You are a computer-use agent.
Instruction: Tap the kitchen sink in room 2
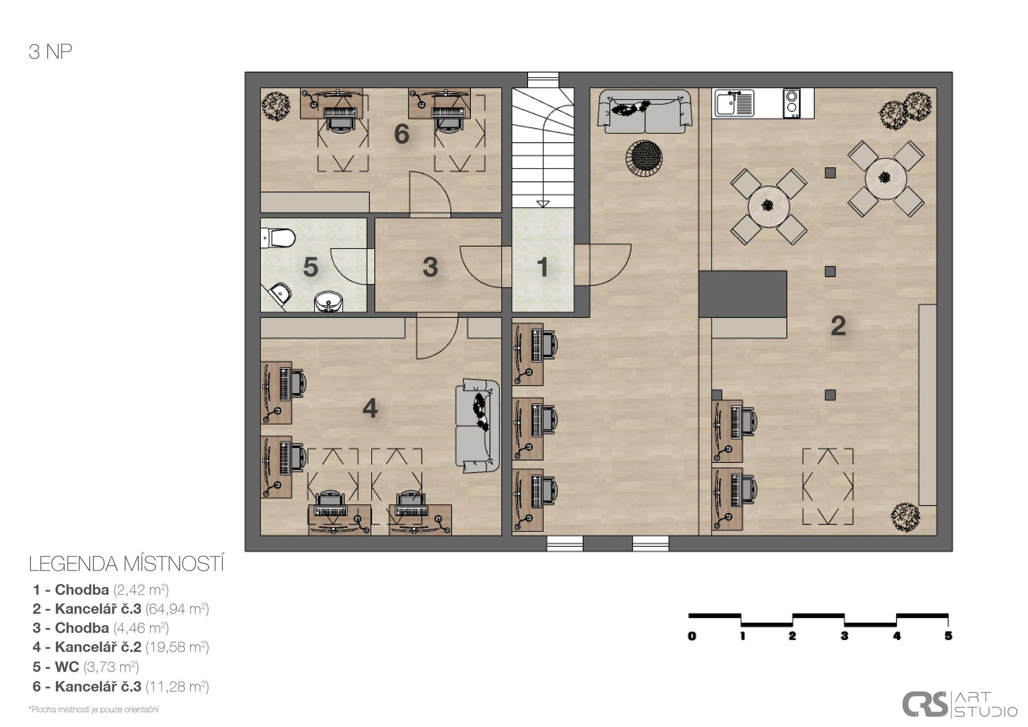734,103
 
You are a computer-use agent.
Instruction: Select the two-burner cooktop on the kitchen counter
792,103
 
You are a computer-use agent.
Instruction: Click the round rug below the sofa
644,157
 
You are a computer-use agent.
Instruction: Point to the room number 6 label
402,134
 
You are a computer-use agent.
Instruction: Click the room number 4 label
370,408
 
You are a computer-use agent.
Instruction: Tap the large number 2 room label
838,326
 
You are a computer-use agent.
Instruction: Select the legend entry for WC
86,667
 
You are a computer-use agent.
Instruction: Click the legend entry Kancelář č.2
121,647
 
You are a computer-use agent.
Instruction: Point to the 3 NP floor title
50,52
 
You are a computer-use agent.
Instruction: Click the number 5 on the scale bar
948,635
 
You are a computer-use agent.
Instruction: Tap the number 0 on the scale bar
692,635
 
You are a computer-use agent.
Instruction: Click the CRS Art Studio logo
959,704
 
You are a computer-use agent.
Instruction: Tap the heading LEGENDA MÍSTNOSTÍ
126,564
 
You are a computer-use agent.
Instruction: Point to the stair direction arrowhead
543,204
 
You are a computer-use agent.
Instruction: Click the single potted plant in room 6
276,105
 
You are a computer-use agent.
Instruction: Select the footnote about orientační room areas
94,710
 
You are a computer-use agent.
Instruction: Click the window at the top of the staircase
543,80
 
